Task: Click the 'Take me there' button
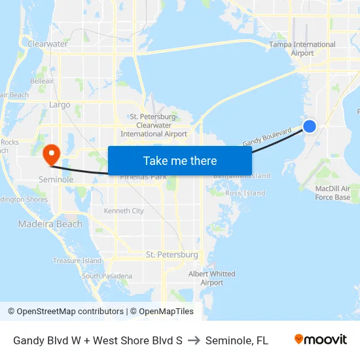click(x=179, y=160)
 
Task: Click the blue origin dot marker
click(x=310, y=126)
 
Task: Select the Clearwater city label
click(x=47, y=44)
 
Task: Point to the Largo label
click(x=60, y=104)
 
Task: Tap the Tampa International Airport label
click(x=302, y=49)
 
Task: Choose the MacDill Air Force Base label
click(x=333, y=193)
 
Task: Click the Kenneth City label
click(x=124, y=211)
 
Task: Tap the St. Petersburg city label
click(x=171, y=254)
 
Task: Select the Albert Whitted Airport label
click(x=212, y=278)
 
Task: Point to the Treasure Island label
click(x=77, y=261)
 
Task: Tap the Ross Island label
click(x=245, y=193)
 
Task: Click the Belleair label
click(x=42, y=81)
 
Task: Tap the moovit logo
click(x=321, y=340)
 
